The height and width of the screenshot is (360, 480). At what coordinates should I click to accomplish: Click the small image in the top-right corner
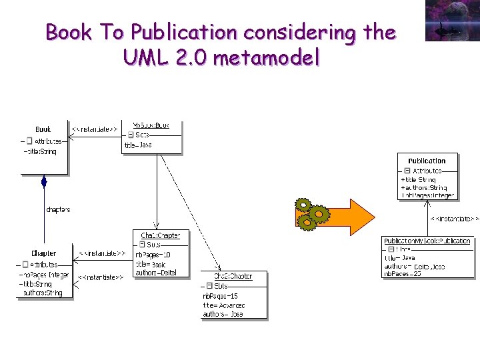point(452,21)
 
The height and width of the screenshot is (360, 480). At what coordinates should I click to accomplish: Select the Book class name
point(43,129)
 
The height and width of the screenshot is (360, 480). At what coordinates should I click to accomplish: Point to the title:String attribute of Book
point(41,151)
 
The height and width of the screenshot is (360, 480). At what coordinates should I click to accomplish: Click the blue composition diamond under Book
point(44,181)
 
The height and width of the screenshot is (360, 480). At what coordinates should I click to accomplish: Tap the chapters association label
point(58,209)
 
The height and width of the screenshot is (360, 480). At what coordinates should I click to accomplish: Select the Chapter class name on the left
point(44,253)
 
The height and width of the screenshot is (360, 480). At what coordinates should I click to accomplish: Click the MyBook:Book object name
point(151,125)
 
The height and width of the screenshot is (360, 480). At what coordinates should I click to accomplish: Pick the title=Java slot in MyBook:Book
point(139,145)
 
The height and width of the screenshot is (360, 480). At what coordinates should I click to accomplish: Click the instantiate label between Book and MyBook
point(95,128)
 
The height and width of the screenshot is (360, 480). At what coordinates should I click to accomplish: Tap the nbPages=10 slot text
point(153,255)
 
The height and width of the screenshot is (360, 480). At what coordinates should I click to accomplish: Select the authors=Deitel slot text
point(155,272)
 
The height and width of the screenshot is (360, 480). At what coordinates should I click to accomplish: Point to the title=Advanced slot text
point(223,305)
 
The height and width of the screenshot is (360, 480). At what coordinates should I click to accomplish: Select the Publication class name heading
point(427,161)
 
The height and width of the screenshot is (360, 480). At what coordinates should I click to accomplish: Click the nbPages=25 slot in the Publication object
point(403,274)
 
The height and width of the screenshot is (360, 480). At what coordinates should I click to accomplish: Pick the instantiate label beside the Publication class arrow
point(453,219)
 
